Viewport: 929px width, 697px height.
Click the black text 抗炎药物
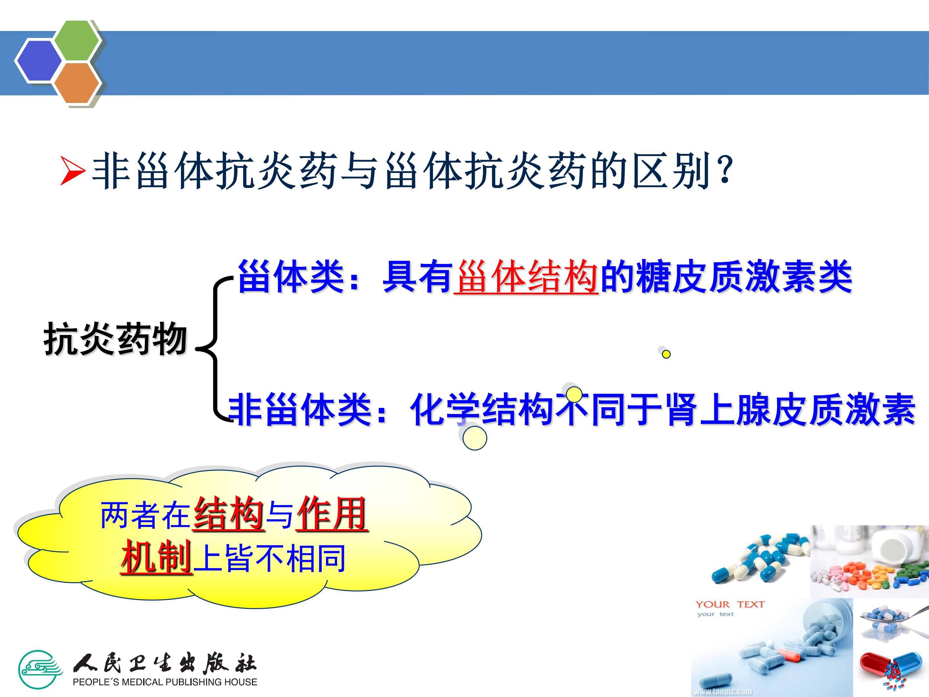tap(115, 338)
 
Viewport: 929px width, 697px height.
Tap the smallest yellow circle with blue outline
tap(666, 354)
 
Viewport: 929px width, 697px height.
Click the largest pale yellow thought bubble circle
tap(474, 438)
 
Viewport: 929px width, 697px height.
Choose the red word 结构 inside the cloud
tap(229, 513)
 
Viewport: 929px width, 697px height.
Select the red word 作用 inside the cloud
tap(332, 513)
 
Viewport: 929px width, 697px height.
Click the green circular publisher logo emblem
tap(40, 669)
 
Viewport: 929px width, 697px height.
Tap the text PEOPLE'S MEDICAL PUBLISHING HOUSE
tap(165, 682)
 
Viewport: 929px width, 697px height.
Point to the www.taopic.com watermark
tap(723, 691)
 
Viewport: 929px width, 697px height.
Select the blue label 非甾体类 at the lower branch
tap(299, 409)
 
